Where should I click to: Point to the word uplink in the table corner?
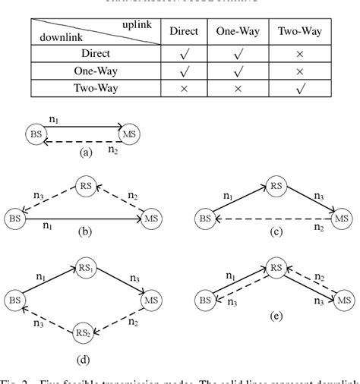136,25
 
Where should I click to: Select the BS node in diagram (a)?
35,134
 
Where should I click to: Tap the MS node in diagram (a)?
131,134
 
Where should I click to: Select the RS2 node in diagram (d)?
85,332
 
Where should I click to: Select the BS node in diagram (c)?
204,219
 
